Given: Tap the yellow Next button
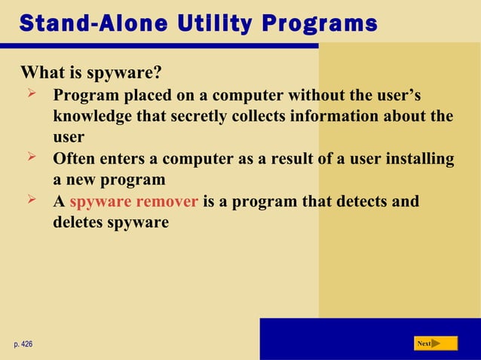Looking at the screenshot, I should coord(436,343).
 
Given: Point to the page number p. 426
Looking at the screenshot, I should coord(23,344).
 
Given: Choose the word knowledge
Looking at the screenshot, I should coord(91,117).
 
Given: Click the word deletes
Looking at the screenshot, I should coord(78,223).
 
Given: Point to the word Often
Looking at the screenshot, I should coord(73,159).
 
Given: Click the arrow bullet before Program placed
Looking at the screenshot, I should coord(32,95).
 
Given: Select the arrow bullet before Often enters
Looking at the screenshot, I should coord(32,158).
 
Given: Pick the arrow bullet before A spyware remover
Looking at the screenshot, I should coord(32,201).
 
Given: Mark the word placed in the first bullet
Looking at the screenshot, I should coord(136,96).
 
